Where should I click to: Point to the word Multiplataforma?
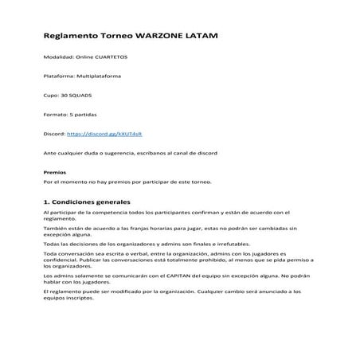pos(99,76)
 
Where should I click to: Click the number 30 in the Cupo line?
pos(64,95)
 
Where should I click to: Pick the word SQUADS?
pos(80,95)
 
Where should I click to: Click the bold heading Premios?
pos(54,172)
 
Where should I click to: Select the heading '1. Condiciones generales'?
pos(88,202)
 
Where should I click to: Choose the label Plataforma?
pos(58,76)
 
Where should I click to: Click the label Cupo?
pos(51,95)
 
